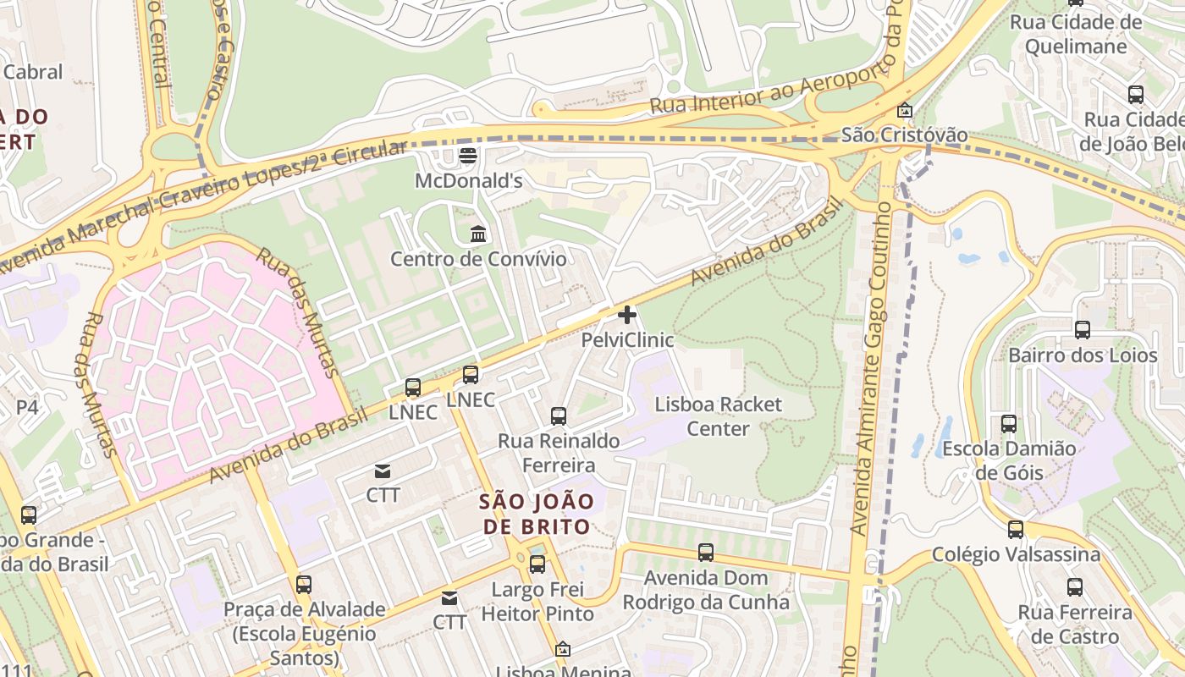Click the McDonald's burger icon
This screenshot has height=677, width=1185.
(467, 156)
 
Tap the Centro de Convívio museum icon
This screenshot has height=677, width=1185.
(478, 234)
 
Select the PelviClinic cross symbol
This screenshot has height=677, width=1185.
(627, 316)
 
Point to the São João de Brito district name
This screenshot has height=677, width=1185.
(537, 514)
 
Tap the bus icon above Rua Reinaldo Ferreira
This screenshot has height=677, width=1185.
(559, 416)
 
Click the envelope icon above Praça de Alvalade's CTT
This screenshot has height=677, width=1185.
(449, 598)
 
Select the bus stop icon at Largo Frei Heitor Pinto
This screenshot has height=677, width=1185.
(537, 564)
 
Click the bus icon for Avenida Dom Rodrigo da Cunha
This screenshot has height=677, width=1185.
(706, 553)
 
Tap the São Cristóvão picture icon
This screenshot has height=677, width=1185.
(905, 110)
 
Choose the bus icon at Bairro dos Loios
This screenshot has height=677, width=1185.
(1083, 330)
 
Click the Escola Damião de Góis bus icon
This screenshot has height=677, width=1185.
(1008, 423)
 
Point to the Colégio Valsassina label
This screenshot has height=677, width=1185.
(1016, 555)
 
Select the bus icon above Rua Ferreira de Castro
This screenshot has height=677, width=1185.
(1075, 586)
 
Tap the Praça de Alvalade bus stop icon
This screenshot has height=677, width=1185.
(304, 584)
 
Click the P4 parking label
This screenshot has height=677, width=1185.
(27, 407)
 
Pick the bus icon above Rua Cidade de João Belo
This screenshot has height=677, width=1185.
(1136, 94)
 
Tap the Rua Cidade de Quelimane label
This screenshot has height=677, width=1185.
(1076, 34)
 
